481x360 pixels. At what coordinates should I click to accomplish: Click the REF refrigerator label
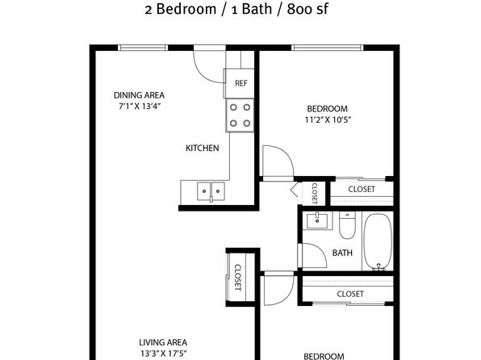(240, 83)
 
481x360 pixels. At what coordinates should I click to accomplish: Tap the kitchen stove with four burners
(240, 115)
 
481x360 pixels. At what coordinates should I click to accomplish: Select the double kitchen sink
(211, 191)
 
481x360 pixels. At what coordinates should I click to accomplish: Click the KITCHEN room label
(203, 149)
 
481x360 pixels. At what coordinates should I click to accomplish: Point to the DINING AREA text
(140, 95)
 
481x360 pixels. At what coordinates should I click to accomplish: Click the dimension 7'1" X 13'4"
(140, 107)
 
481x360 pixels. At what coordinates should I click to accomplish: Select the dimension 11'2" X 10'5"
(328, 119)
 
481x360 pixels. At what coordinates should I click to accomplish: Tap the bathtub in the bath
(378, 242)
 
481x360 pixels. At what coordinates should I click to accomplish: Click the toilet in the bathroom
(347, 225)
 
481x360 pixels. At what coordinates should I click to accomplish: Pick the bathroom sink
(317, 220)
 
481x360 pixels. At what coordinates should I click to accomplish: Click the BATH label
(342, 253)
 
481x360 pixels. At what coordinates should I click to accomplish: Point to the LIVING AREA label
(163, 342)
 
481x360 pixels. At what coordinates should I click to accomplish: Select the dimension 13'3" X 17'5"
(164, 354)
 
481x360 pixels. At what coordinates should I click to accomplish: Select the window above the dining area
(143, 48)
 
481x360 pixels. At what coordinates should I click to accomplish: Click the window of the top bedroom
(328, 48)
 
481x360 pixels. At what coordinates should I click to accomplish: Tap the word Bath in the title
(257, 9)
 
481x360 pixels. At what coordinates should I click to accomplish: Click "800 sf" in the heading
(307, 9)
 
